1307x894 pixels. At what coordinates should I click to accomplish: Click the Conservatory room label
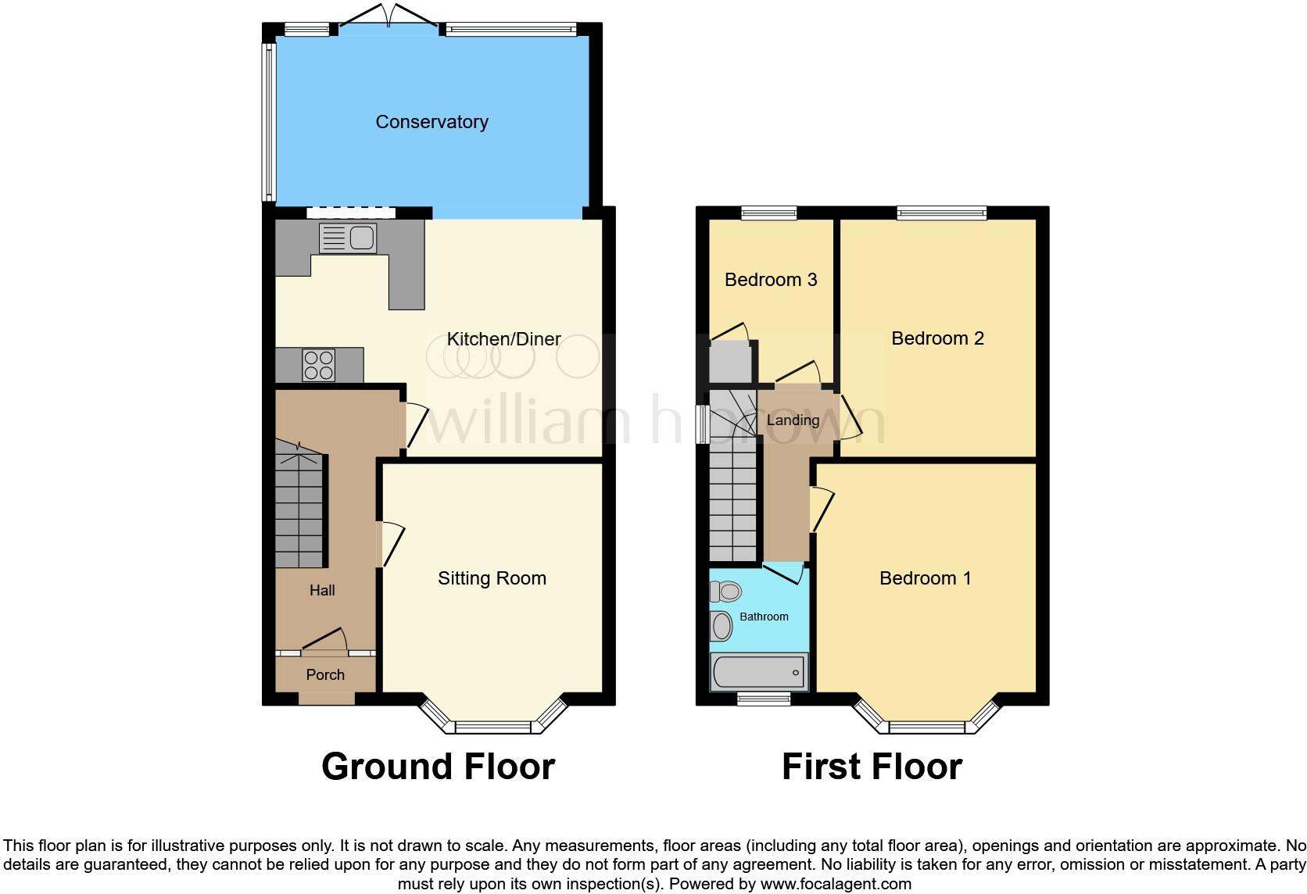click(x=431, y=122)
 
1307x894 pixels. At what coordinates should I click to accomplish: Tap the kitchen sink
click(x=349, y=238)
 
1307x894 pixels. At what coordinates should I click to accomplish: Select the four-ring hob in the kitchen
click(x=319, y=365)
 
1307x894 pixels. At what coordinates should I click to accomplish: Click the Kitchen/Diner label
click(x=503, y=339)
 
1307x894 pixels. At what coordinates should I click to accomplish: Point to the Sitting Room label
click(x=492, y=578)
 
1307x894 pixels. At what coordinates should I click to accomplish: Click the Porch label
click(x=325, y=674)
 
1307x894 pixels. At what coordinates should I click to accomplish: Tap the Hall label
click(x=322, y=591)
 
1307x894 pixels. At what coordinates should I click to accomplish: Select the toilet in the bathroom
click(x=726, y=592)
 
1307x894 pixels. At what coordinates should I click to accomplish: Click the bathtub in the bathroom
click(x=758, y=673)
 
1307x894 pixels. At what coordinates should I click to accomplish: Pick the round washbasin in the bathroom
click(x=722, y=626)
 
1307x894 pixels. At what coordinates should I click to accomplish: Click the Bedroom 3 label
click(x=771, y=280)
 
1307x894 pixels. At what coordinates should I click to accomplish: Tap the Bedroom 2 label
click(x=937, y=338)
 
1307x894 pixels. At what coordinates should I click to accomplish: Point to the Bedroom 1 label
click(x=925, y=578)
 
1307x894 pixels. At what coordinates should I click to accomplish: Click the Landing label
click(x=793, y=420)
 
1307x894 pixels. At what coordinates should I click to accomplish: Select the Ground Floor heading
click(x=438, y=767)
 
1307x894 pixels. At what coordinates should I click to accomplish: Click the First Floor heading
click(x=872, y=767)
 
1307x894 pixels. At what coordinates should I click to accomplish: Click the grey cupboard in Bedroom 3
click(x=730, y=362)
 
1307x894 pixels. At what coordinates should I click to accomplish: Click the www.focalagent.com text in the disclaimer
click(x=836, y=885)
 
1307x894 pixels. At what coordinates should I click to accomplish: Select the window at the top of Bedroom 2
click(x=941, y=212)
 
